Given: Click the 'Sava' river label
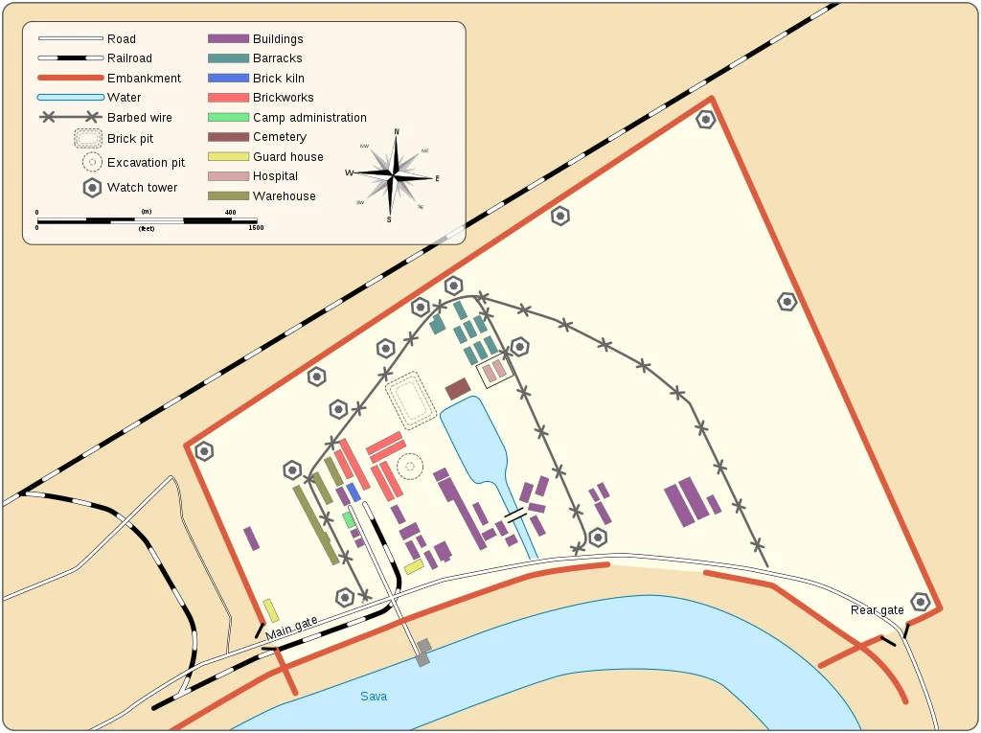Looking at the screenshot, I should (374, 696).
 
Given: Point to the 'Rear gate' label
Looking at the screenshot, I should (877, 610).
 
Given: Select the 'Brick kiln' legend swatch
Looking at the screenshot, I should (229, 78).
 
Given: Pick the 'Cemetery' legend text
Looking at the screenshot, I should (280, 137).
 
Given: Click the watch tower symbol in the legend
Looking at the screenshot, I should (92, 188).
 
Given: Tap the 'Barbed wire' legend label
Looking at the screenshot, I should (140, 118).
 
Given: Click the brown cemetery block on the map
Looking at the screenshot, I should (458, 389).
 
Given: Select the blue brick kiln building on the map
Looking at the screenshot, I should (353, 492).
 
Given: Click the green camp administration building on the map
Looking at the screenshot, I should (349, 519).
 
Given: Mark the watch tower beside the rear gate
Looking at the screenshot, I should (921, 602).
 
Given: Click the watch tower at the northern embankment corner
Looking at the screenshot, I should (706, 120).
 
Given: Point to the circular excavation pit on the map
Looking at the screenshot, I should (410, 466).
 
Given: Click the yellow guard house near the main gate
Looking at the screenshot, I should (271, 610).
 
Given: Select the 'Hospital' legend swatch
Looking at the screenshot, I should (229, 176).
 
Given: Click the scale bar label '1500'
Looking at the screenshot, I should (256, 228).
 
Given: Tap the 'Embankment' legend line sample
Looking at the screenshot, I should (70, 78).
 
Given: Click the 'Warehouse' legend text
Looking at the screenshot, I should (285, 196).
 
